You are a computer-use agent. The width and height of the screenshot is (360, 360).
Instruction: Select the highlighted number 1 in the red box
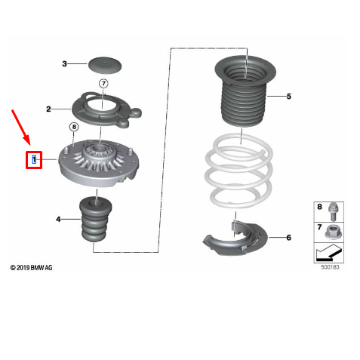[34, 160]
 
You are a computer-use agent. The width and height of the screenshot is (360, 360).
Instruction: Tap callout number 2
[48, 109]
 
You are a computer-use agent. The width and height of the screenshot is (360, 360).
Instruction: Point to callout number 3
[65, 64]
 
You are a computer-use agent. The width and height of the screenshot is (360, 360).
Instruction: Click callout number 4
[58, 220]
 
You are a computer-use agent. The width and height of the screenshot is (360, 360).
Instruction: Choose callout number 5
[288, 97]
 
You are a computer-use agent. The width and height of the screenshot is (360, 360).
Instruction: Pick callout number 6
[288, 238]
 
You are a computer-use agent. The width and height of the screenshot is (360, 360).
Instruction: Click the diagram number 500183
[329, 266]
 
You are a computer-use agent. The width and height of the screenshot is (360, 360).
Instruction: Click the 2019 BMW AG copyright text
[32, 268]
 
